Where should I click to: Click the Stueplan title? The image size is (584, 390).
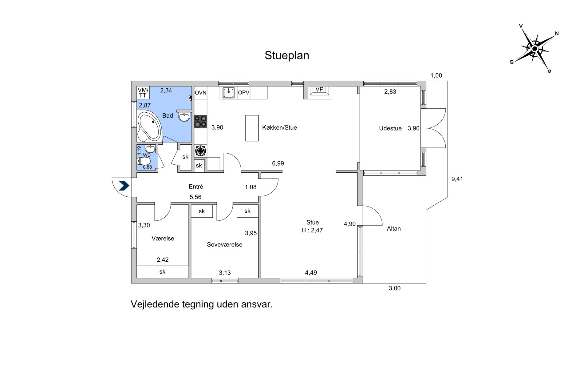(287, 56)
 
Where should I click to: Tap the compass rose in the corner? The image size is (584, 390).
(535, 49)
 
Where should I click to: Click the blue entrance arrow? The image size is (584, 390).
(124, 186)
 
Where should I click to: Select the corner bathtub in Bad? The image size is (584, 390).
(149, 126)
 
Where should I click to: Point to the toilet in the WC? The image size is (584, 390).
(144, 161)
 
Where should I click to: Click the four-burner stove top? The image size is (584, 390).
(200, 122)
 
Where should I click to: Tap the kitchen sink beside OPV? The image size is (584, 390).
(228, 92)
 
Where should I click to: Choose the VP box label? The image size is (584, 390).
(319, 89)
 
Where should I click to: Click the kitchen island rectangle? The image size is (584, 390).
(252, 128)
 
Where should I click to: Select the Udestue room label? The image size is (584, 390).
(390, 129)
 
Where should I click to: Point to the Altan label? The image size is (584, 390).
(394, 229)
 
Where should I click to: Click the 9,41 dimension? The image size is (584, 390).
(457, 179)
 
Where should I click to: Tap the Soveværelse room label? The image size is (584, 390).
(225, 245)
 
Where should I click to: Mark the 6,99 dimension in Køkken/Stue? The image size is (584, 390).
(278, 163)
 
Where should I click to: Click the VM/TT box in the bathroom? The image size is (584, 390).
(143, 93)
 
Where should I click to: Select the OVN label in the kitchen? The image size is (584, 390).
(201, 93)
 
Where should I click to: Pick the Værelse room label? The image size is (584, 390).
(163, 239)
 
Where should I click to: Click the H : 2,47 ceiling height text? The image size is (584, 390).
(312, 230)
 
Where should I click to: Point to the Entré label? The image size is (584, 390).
(196, 187)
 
